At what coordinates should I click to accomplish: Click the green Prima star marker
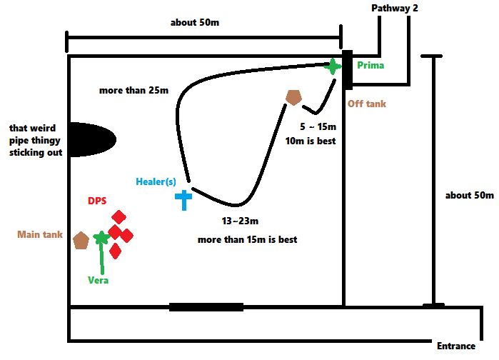(333, 66)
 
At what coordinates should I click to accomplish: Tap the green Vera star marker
(101, 238)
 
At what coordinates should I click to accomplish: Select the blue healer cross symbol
(184, 199)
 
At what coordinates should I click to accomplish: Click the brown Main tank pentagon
(81, 240)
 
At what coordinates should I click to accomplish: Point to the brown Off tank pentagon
(293, 97)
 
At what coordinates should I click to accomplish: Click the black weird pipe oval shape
(93, 139)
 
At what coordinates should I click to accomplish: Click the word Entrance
(456, 346)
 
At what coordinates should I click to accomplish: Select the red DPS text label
(98, 201)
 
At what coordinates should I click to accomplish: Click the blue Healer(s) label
(156, 181)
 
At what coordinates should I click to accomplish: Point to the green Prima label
(371, 66)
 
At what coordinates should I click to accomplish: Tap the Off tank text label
(367, 104)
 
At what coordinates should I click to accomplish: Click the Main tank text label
(40, 234)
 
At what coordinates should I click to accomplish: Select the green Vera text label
(98, 280)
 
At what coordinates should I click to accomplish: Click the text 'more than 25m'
(134, 91)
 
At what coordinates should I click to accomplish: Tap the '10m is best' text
(310, 141)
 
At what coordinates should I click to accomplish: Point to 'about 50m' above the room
(194, 22)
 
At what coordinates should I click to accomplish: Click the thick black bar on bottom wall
(206, 307)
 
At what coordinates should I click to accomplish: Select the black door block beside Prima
(347, 70)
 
